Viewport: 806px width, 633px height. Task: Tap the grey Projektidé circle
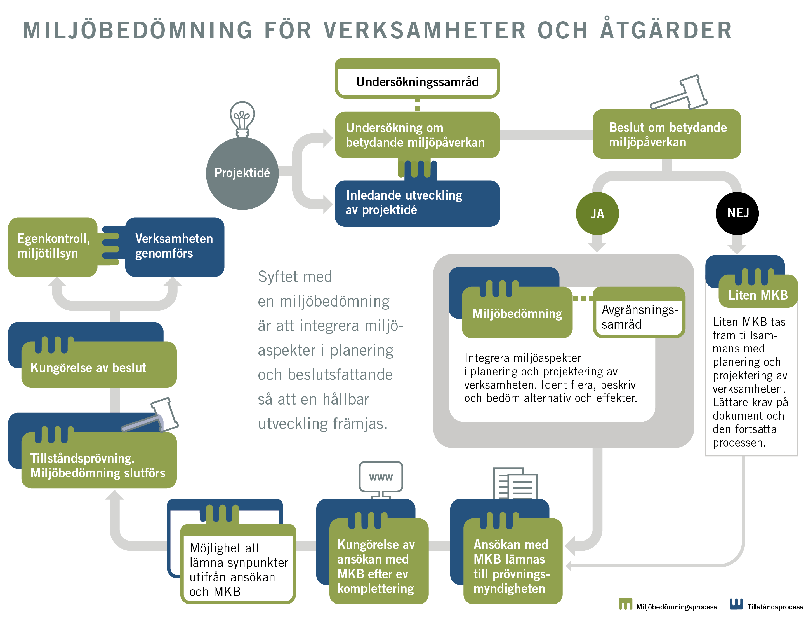(x=242, y=173)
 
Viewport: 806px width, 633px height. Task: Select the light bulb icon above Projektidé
(x=242, y=118)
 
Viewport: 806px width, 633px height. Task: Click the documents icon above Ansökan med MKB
(x=515, y=483)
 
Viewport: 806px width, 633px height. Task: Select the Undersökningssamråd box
(x=417, y=81)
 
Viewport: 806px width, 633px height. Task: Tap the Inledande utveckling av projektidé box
(x=417, y=203)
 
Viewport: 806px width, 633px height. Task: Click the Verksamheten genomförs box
(x=175, y=246)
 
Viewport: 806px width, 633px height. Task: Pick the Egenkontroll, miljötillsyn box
(x=53, y=246)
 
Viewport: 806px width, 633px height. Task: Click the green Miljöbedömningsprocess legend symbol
(x=625, y=604)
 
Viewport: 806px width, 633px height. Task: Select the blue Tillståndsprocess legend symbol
(x=736, y=604)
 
